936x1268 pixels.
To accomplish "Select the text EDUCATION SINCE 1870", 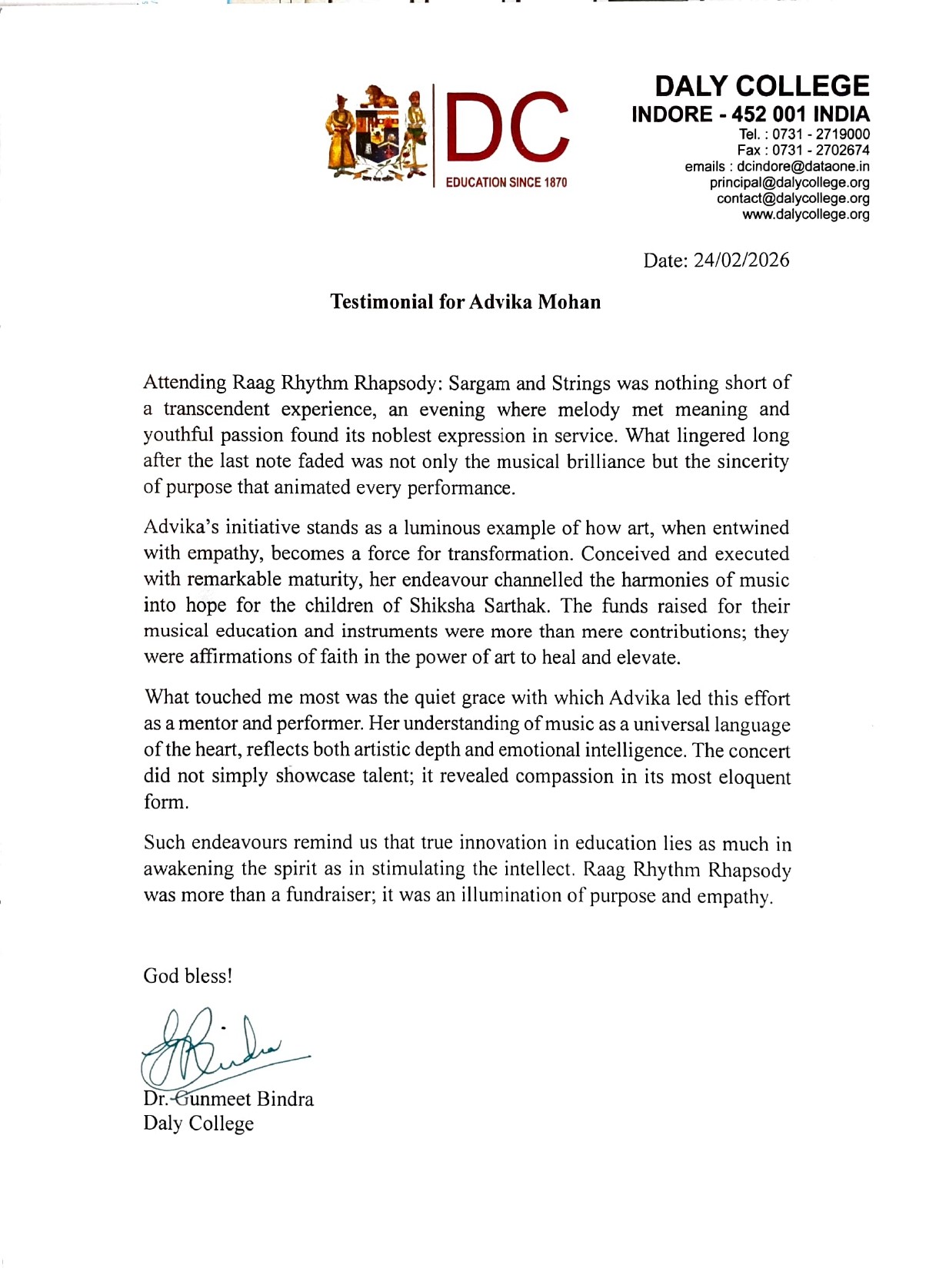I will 507,183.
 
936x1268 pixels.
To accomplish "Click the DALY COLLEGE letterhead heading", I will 761,85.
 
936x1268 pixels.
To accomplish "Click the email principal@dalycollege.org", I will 789,183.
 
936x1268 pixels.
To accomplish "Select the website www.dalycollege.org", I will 805,215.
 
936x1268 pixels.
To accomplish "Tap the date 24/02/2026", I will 741,261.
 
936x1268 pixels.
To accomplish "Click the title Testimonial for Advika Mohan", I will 465,302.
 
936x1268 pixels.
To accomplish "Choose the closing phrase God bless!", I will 188,976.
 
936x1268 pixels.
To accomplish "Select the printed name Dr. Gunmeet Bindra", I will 228,1099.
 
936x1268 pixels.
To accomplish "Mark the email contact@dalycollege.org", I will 793,199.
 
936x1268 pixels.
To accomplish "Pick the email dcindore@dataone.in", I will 803,167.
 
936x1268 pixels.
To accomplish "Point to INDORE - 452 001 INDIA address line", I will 751,115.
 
